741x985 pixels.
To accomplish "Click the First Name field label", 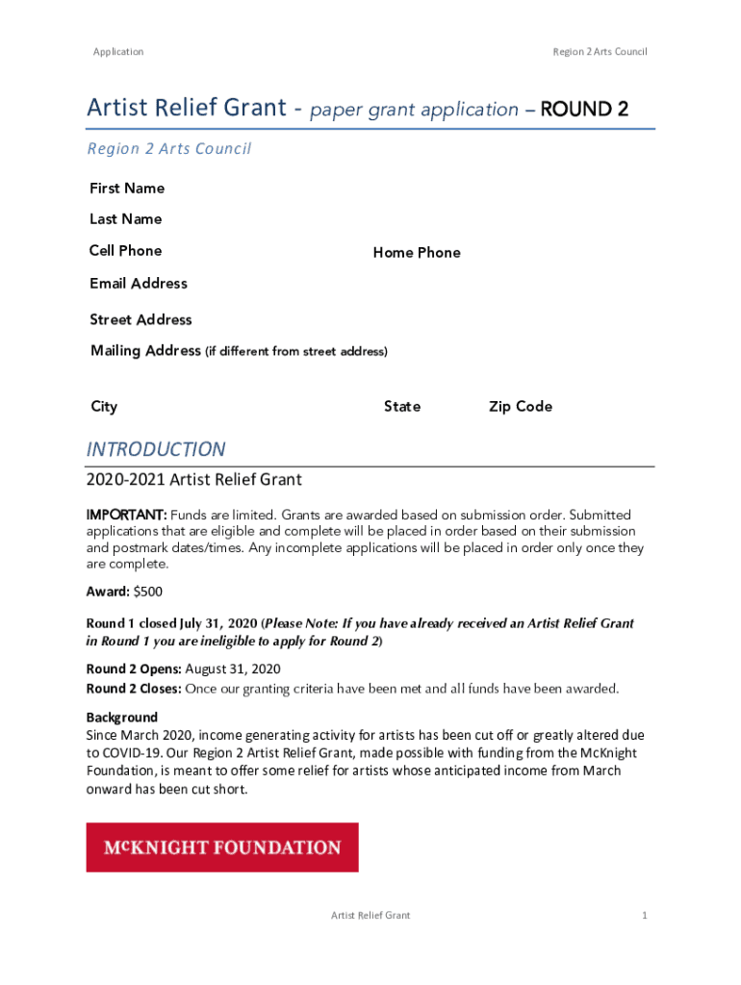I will pos(127,189).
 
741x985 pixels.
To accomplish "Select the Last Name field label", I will pos(125,219).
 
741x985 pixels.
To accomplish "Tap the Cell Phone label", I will pos(125,251).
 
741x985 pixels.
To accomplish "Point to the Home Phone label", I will pos(417,253).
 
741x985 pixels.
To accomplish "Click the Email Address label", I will pos(139,284).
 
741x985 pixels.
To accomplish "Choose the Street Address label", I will pos(141,320).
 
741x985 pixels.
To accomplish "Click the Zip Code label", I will pos(521,407).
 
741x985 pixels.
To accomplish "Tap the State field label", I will pos(402,407).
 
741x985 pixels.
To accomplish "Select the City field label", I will pos(104,407).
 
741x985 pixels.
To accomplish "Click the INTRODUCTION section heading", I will pos(156,450).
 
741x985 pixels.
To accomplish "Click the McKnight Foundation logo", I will pos(222,847).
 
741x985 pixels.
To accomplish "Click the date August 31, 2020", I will pos(233,669).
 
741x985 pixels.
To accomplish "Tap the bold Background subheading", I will pos(122,718).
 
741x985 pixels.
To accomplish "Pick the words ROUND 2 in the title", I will pos(585,110).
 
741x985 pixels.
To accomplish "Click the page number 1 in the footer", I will pos(645,916).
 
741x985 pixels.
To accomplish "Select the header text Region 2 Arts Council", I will pos(600,52).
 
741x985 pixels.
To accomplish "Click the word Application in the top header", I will pos(118,52).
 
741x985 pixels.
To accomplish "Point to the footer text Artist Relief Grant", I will pos(370,916).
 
